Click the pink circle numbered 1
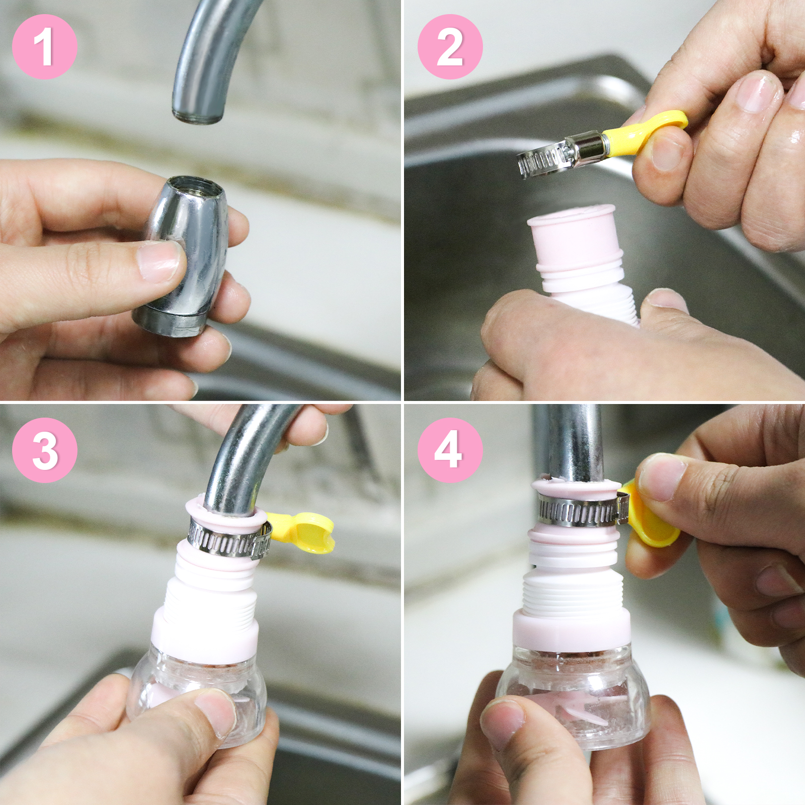click(44, 46)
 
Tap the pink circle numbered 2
click(450, 46)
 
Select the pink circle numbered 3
click(44, 450)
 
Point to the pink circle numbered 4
click(450, 450)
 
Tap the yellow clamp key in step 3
click(301, 531)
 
